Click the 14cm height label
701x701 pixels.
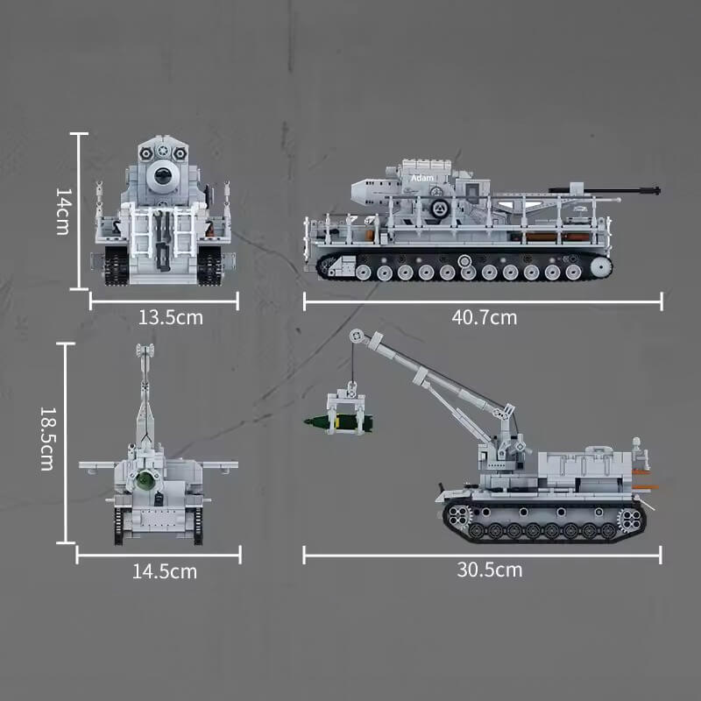coord(62,210)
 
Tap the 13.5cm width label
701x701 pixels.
coord(170,317)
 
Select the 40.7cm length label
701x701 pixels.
coord(484,317)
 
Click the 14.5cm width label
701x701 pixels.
coord(165,571)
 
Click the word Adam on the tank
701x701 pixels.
coord(422,178)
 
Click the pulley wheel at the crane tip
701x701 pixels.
coord(354,336)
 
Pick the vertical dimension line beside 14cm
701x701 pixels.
coord(80,210)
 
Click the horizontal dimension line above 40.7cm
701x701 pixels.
coord(483,301)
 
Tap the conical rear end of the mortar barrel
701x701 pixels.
coord(363,188)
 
